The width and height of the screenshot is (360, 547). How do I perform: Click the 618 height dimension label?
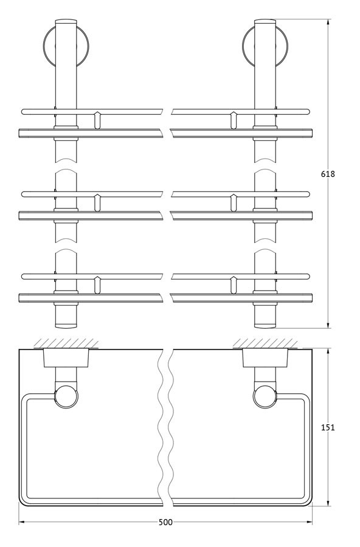click(328, 174)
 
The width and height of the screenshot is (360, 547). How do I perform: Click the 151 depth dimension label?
click(328, 427)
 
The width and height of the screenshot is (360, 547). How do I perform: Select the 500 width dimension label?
click(165, 522)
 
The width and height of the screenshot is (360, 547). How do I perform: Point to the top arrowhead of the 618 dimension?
click(328, 22)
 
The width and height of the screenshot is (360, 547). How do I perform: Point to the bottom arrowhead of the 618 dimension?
click(328, 325)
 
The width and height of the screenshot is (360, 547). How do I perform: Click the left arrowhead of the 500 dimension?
click(22, 522)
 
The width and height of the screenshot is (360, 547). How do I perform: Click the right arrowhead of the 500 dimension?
click(309, 522)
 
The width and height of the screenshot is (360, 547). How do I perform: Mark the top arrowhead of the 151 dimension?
click(328, 351)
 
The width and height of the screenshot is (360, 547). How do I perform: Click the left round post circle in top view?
click(66, 396)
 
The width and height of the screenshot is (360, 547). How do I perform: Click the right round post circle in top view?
click(266, 396)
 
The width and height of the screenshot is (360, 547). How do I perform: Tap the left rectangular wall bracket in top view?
click(66, 357)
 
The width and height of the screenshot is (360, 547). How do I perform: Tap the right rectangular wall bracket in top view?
click(266, 357)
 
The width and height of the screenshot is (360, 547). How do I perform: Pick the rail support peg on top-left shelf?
click(97, 120)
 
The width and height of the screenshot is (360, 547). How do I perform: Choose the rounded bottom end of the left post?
click(66, 326)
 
